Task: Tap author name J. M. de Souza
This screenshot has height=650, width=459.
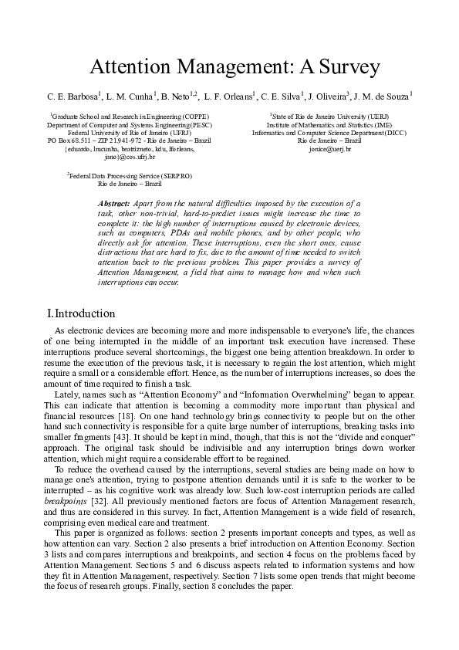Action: click(x=382, y=96)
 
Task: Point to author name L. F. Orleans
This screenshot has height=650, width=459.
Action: click(x=230, y=96)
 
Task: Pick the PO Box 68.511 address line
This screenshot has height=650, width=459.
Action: click(x=129, y=140)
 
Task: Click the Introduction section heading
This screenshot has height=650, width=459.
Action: click(x=82, y=313)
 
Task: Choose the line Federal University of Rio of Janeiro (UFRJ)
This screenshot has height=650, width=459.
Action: click(x=129, y=133)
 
